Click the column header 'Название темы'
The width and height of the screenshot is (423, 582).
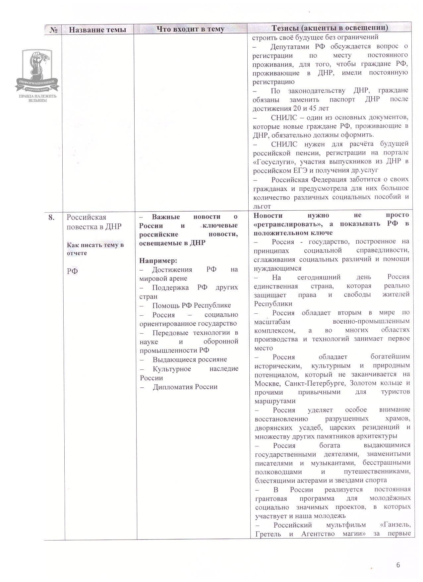pos(97,30)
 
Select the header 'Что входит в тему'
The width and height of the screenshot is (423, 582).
pos(190,29)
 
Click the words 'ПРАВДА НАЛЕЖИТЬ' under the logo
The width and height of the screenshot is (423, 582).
pos(37,96)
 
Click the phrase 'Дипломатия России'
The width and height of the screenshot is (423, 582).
pos(185,387)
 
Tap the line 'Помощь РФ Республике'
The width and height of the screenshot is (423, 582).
pos(191,305)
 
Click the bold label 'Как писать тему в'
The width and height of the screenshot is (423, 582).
pos(95,245)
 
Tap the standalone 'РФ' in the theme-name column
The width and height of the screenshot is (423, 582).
pos(72,271)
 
